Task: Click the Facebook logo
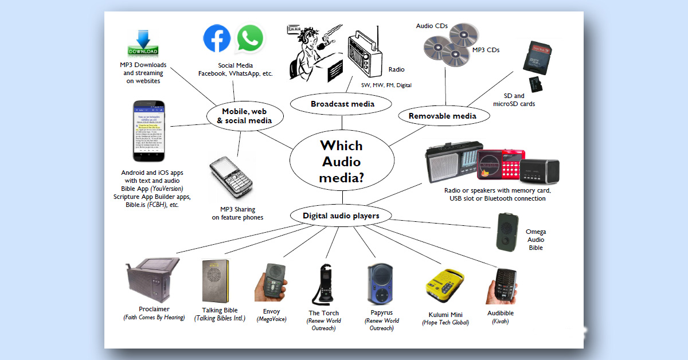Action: pos(217,38)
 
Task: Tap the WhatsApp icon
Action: pos(250,38)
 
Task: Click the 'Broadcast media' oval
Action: pos(342,104)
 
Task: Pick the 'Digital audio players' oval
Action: pos(341,216)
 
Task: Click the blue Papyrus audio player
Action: pos(380,283)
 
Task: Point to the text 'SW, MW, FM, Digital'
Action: pos(386,85)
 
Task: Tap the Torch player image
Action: pos(322,283)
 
